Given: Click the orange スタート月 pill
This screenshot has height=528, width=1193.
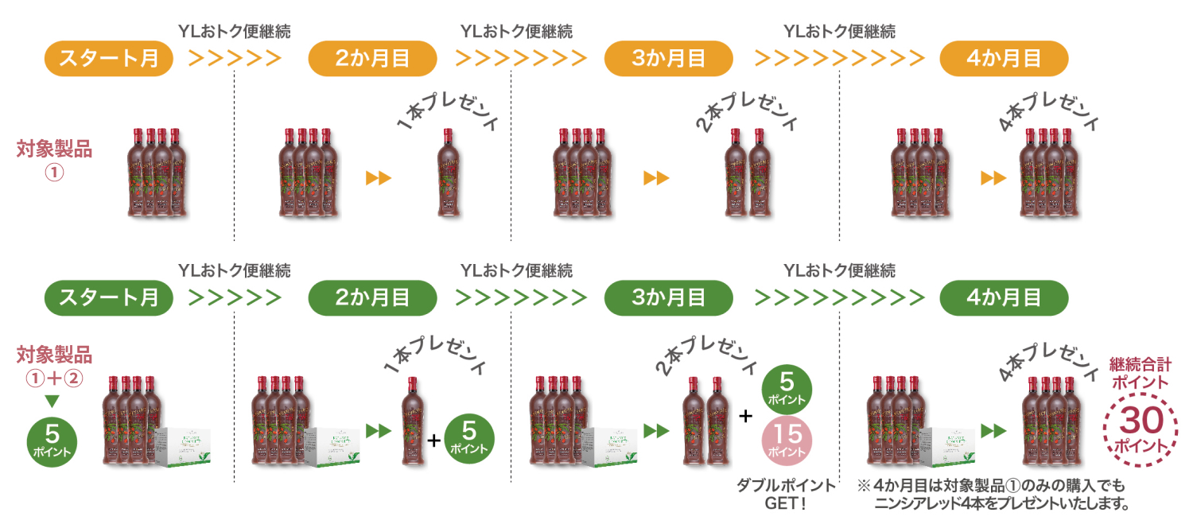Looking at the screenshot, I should [x=108, y=59].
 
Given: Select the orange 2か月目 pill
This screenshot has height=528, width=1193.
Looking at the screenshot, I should [x=372, y=59].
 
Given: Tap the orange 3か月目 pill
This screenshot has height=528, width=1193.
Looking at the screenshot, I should [x=669, y=59].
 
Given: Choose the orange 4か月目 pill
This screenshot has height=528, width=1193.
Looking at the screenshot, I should [x=1004, y=59].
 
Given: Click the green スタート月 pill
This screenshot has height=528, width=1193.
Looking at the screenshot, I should [x=108, y=298].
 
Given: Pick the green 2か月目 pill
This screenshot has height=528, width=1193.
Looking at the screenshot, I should [x=372, y=298].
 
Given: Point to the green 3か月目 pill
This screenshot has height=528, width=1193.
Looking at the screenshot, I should [x=669, y=298].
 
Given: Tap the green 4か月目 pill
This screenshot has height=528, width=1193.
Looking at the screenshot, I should [x=1004, y=298].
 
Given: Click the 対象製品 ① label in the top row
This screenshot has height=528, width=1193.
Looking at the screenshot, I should [x=54, y=157].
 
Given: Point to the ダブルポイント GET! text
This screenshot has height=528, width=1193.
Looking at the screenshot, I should [x=787, y=494].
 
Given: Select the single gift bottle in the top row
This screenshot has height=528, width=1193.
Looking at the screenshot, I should [x=449, y=173].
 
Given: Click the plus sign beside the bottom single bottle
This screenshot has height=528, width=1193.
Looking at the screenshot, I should [x=433, y=439].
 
